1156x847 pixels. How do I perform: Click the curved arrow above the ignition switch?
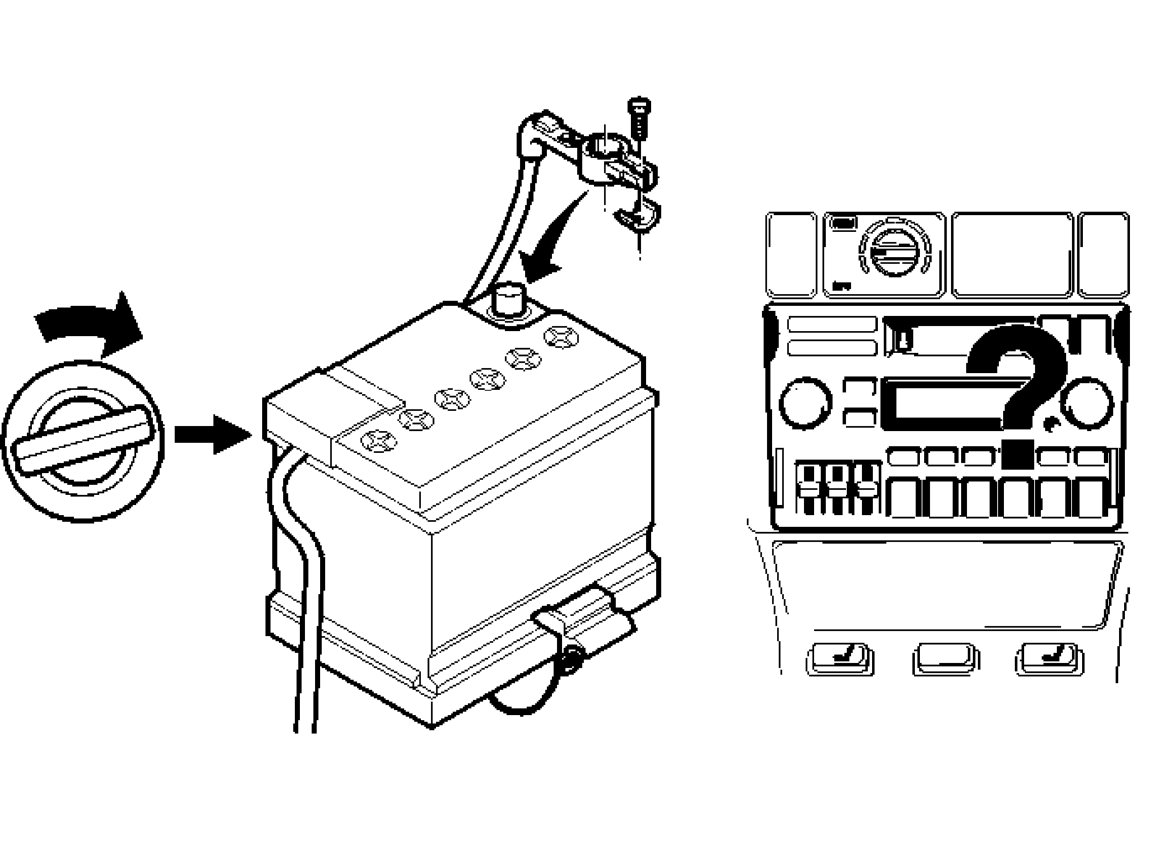point(88,324)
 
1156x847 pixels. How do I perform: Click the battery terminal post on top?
point(507,301)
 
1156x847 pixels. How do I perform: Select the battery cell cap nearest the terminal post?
point(558,338)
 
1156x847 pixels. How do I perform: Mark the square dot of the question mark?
point(1017,454)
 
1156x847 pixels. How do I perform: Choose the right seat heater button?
point(1048,657)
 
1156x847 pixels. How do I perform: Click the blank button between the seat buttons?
point(944,657)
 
